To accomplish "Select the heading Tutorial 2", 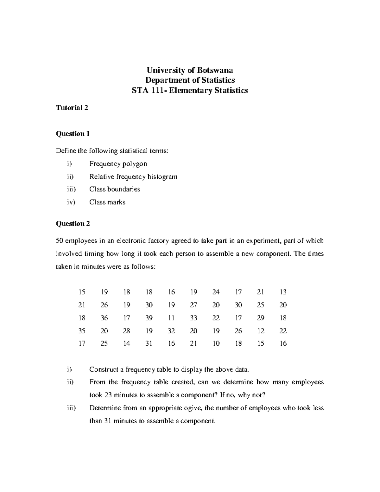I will point(72,108).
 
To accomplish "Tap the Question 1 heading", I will point(73,134).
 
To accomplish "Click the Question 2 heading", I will point(73,224).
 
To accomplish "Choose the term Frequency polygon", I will point(118,164).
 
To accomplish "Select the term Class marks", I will point(107,202).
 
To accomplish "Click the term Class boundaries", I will point(115,189).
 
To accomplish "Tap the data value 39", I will point(149,318).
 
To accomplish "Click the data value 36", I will point(104,318).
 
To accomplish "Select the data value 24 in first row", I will point(216,292).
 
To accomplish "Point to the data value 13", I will point(283,292).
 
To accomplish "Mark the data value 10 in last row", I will point(216,343).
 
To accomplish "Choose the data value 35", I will point(82,331).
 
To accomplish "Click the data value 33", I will point(193,318).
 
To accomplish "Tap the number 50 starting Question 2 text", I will point(60,241).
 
